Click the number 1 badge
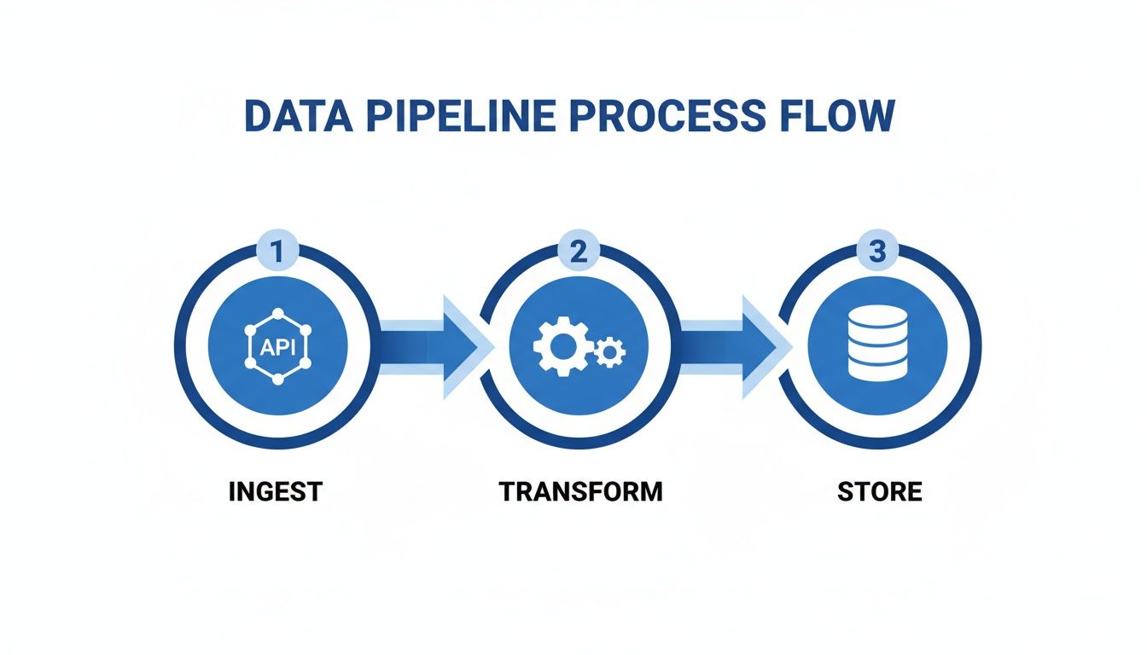pos(277,253)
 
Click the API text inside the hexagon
pos(277,346)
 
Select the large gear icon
pos(562,345)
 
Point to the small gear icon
pos(610,351)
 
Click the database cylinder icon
pos(877,342)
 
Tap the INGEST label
pos(276,492)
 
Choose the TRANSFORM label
pos(580,492)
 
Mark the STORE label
pos(879,492)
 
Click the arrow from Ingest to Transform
pos(431,346)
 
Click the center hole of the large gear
pos(562,345)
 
